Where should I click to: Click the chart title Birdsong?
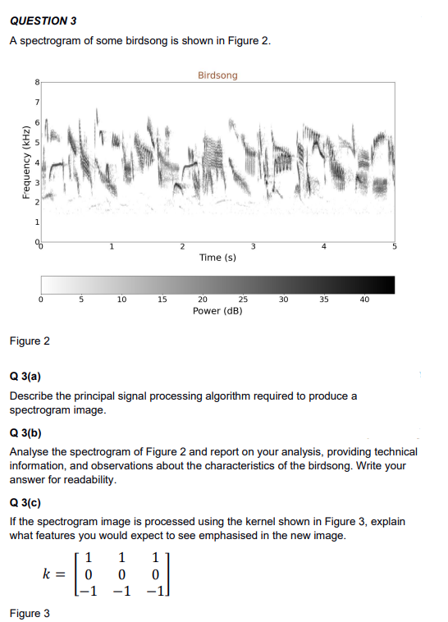click(217, 75)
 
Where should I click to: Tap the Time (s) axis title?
click(217, 258)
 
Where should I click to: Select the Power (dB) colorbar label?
click(217, 312)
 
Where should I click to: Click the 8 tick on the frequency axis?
click(36, 82)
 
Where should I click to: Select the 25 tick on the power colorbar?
click(243, 300)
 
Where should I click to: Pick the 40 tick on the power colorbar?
click(364, 300)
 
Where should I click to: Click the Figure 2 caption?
click(29, 340)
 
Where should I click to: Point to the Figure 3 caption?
click(29, 613)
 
